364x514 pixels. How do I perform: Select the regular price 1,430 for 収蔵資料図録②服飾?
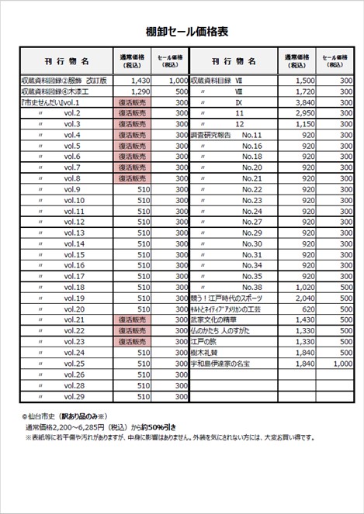pyautogui.click(x=140, y=80)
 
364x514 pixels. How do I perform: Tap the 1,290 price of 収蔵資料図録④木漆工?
pyautogui.click(x=140, y=91)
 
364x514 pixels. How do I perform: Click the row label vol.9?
pyautogui.click(x=73, y=189)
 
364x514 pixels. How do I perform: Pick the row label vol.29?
pyautogui.click(x=75, y=396)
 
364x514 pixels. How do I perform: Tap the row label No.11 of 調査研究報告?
pyautogui.click(x=252, y=135)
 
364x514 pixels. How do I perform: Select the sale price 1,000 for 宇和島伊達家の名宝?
pyautogui.click(x=341, y=364)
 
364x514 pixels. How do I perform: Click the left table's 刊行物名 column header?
pyautogui.click(x=67, y=60)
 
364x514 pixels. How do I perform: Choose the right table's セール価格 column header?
pyautogui.click(x=334, y=60)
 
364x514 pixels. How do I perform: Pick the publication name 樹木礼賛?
pyautogui.click(x=206, y=352)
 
